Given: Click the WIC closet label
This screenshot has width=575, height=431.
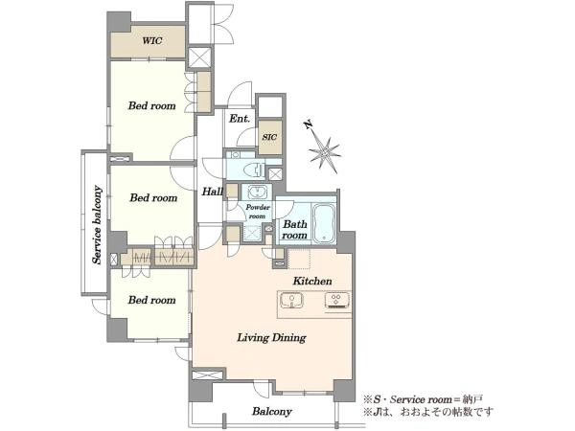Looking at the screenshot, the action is tap(152, 40).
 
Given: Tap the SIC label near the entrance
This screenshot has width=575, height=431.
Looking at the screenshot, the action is tap(269, 137).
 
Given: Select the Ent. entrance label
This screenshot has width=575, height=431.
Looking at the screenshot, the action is tap(240, 119).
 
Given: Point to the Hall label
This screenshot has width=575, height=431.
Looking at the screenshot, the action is tap(213, 191).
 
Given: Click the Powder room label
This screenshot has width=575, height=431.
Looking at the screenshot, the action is tap(258, 212).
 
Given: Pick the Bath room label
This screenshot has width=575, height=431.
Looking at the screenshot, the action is tap(294, 230).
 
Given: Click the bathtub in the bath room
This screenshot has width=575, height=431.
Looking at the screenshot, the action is tap(325, 223).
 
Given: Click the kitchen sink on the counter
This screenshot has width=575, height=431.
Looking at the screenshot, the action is tap(291, 301).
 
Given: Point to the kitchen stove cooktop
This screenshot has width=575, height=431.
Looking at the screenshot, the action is tap(336, 301).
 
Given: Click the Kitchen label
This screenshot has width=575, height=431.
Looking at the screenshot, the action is tap(312, 281).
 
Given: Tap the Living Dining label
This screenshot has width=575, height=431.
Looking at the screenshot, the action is tap(272, 337).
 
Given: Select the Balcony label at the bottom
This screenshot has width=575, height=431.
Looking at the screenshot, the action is tap(272, 412).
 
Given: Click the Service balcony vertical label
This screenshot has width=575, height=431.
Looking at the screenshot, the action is tap(97, 225).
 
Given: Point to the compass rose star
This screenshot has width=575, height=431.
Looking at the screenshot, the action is tap(325, 154).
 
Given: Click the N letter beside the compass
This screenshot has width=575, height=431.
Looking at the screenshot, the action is tap(309, 125).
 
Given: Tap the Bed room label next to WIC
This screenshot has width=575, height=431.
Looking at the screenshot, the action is tap(151, 106).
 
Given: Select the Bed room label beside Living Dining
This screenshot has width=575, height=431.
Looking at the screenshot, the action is tap(151, 300).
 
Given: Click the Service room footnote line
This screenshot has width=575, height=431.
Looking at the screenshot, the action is tap(424, 399).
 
